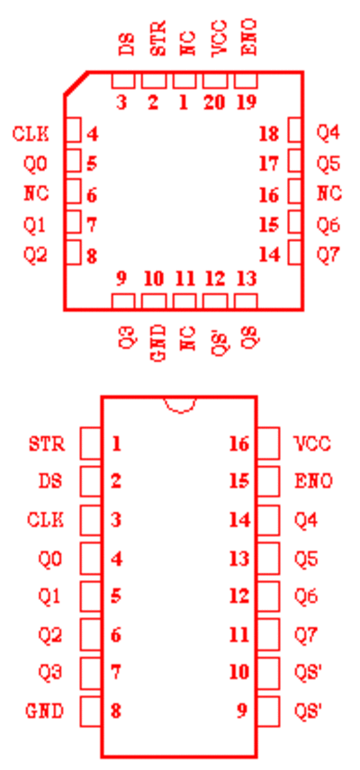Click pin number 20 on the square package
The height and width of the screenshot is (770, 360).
click(214, 103)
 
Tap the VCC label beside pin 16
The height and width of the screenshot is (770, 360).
click(312, 444)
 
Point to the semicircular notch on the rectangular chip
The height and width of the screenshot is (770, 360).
click(180, 406)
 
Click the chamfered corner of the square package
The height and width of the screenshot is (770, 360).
click(76, 83)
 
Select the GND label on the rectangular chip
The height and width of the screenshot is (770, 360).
click(45, 711)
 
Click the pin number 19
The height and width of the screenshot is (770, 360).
click(246, 103)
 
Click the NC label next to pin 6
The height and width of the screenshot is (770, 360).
click(36, 193)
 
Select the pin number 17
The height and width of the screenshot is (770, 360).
click(268, 164)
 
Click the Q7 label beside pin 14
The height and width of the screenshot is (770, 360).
click(328, 255)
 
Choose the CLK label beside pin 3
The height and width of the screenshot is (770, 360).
click(46, 520)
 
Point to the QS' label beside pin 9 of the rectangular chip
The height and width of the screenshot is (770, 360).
click(308, 711)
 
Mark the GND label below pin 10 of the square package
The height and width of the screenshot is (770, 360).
click(157, 344)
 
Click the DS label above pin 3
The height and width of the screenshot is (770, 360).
click(126, 44)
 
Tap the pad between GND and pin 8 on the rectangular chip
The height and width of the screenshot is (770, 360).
click(91, 711)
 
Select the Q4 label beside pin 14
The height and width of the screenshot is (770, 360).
click(305, 520)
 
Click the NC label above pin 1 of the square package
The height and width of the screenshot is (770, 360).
click(187, 43)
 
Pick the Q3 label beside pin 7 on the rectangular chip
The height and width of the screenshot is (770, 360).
click(50, 672)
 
